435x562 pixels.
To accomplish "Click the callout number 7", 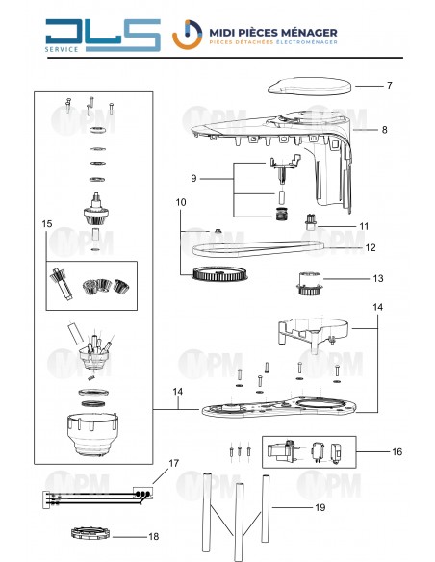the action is [x=389, y=86].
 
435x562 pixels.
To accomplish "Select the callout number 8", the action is [x=385, y=130].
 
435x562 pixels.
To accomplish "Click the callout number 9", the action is [x=193, y=178].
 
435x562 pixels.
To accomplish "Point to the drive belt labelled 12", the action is [x=259, y=248].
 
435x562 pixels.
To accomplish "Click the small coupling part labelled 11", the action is [x=310, y=222].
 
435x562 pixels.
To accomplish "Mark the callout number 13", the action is [x=378, y=278].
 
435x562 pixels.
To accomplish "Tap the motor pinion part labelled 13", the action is [x=309, y=284].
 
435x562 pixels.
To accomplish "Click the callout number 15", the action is [x=47, y=224].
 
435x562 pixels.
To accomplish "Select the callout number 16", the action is [x=397, y=451].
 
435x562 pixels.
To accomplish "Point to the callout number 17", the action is [x=174, y=464].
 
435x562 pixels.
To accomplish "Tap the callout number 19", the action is [x=320, y=507].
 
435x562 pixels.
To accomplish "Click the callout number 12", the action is [x=371, y=247].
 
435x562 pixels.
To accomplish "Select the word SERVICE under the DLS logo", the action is [x=62, y=49].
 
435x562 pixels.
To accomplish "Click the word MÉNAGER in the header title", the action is [x=309, y=33].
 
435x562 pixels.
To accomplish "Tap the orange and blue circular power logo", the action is [x=187, y=35].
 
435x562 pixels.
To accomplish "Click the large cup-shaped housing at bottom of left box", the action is [x=92, y=434].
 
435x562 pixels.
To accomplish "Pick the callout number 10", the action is [x=181, y=202].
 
